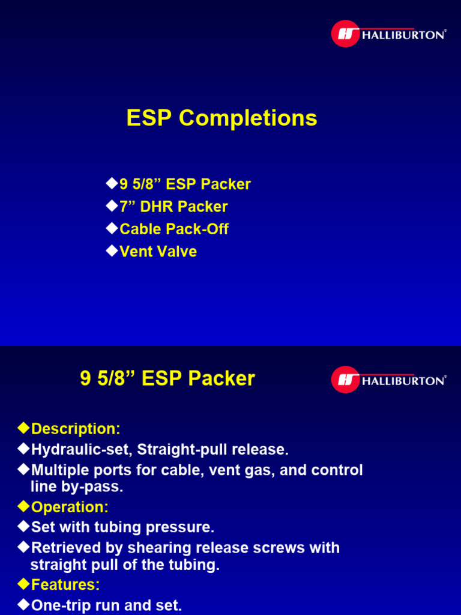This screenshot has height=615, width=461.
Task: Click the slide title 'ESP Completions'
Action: coord(221,118)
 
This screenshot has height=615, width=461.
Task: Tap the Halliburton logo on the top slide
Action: coord(388,34)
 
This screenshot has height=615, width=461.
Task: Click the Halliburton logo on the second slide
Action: coord(388,380)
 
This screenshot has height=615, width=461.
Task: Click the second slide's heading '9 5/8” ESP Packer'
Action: coord(167,379)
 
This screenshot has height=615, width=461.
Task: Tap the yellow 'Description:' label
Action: coord(76,429)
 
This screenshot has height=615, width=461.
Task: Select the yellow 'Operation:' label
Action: coord(70,507)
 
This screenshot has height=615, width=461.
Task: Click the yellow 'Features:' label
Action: coord(65,585)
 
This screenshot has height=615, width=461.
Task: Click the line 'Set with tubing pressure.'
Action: coord(122,528)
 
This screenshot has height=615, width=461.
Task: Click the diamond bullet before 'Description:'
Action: coord(23,428)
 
